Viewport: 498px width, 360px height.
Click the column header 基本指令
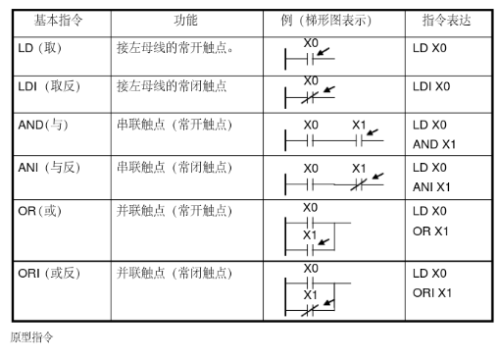point(59,21)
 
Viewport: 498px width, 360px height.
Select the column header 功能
point(185,21)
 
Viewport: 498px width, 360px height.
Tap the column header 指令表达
point(446,21)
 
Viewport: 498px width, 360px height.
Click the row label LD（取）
point(40,48)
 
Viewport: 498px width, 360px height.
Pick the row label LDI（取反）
point(49,86)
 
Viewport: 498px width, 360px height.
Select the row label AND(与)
point(43,125)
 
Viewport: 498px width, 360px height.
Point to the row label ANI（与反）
point(49,168)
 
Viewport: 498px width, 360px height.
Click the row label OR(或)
point(40,211)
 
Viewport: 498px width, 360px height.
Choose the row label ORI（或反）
point(49,273)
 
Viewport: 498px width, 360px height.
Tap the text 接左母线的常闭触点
point(172,86)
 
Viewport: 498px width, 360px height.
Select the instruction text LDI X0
point(431,86)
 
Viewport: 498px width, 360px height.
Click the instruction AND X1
point(434,144)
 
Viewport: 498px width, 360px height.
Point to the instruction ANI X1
point(431,187)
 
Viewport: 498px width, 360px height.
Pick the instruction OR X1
point(430,231)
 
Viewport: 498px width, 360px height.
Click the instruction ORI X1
point(432,292)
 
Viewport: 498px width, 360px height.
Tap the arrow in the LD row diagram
point(324,52)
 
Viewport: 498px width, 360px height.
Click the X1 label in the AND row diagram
point(359,125)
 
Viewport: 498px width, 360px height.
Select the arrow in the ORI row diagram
point(329,302)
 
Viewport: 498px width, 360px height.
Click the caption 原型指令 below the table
point(31,337)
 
